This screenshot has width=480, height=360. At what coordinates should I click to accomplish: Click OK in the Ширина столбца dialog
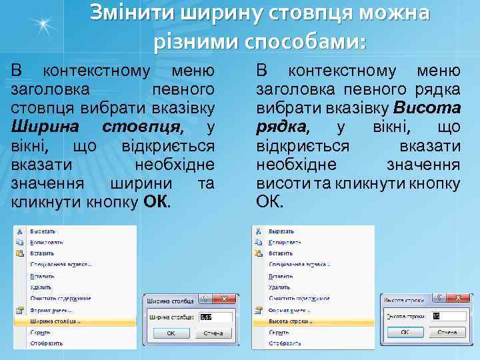pos(171,333)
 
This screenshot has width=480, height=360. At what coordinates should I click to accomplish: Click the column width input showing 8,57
pos(215,317)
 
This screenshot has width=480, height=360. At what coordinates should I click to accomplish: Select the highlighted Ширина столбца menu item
pos(57,321)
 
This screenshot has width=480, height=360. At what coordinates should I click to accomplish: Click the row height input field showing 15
pos(447,316)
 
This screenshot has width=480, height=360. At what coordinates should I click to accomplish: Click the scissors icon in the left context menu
pos(19,231)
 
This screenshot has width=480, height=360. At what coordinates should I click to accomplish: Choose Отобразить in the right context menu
pos(284,343)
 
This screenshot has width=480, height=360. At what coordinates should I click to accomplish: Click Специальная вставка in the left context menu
pos(61,264)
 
